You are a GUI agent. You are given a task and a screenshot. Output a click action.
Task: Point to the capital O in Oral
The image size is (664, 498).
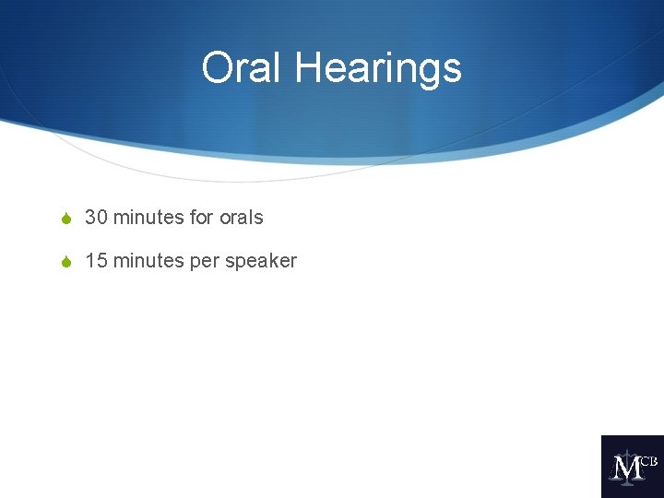coord(218,68)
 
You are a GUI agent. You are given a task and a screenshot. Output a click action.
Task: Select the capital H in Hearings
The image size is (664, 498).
coord(308,68)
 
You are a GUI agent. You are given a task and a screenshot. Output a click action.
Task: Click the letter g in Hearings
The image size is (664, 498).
coord(426,72)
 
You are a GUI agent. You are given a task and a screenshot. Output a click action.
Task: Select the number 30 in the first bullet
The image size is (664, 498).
coord(96,218)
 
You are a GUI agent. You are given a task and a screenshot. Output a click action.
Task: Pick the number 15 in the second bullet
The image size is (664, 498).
coord(96,261)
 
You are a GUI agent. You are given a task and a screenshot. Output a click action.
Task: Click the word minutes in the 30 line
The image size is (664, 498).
coord(148,218)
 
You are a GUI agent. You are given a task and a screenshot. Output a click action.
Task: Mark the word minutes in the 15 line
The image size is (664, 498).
coord(148,261)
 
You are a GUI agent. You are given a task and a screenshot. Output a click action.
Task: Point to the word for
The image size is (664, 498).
coord(201,218)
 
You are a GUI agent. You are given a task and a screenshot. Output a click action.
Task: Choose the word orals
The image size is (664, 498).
coord(242,218)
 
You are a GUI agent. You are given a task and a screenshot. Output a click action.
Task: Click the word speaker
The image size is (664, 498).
coord(261,262)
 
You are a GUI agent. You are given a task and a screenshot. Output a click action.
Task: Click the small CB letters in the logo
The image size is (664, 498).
coord(648,460)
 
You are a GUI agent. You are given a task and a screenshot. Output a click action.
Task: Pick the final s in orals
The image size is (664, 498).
coord(259,219)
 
